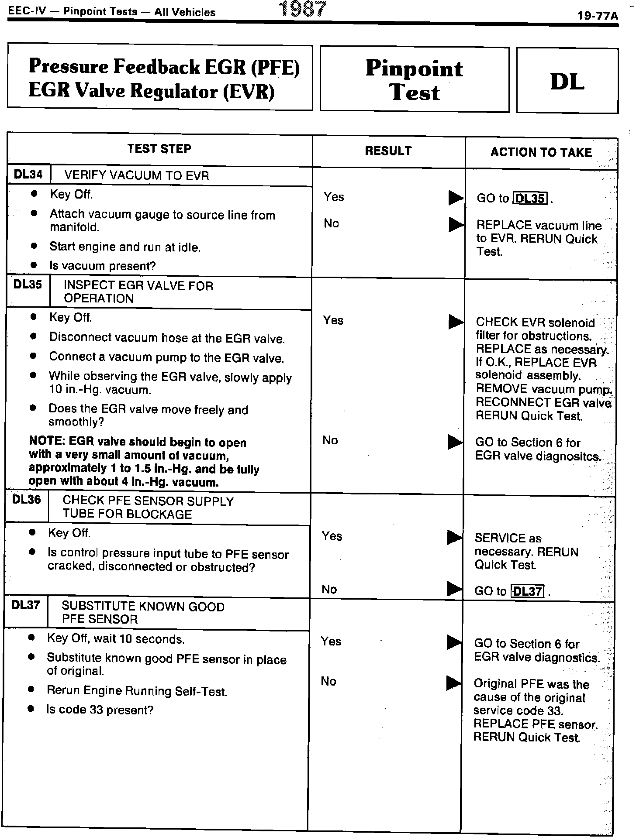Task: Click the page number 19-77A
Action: click(x=597, y=16)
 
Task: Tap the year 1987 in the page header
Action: click(x=303, y=9)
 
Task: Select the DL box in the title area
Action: click(x=567, y=81)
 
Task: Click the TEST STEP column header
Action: click(x=159, y=149)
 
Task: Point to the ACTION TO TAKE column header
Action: click(x=541, y=152)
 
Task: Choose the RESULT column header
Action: click(x=388, y=151)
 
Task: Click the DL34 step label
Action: click(x=28, y=175)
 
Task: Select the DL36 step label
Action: click(x=27, y=500)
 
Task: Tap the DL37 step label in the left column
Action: click(x=26, y=605)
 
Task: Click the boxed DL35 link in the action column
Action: click(x=529, y=199)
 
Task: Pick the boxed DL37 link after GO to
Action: click(x=527, y=591)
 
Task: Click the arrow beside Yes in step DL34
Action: click(x=456, y=198)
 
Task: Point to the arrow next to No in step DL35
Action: click(x=455, y=442)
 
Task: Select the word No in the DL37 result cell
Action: click(x=328, y=681)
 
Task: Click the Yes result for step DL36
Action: click(x=332, y=536)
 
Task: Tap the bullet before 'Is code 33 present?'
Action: click(x=31, y=709)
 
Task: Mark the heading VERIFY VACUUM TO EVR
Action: click(x=137, y=176)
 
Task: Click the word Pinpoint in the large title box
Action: click(x=414, y=69)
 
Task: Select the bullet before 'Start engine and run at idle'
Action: click(x=34, y=246)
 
